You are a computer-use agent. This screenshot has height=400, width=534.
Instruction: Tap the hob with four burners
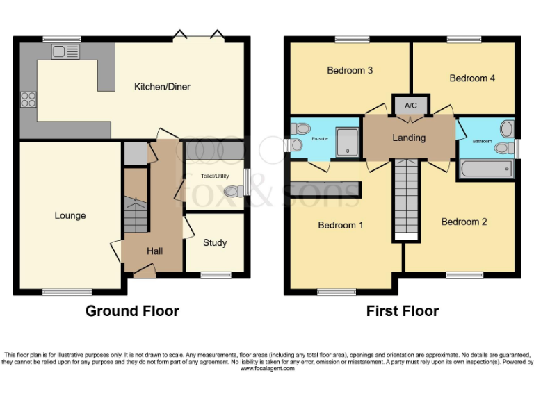[x=29, y=99]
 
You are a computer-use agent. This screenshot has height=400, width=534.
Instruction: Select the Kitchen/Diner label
[x=162, y=87]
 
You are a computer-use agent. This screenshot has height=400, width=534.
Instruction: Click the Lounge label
[x=70, y=216]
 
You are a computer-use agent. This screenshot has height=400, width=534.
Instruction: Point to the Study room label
[x=215, y=243]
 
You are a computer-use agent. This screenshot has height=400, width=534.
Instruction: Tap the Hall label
[x=154, y=251]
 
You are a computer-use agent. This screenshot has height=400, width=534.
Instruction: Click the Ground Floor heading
[x=132, y=311]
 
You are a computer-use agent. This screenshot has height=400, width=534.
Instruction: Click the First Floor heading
[x=403, y=311]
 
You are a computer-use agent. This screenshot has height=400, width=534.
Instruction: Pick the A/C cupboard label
[x=410, y=106]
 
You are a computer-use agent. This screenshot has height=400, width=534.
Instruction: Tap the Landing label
[x=409, y=137]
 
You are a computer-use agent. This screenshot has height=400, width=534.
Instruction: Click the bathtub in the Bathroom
[x=485, y=169]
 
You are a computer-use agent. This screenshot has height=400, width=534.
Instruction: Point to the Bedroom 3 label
[x=350, y=70]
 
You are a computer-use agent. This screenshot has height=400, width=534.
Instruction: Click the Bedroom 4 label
[x=472, y=78]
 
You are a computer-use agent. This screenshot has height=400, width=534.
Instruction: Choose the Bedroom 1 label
[x=341, y=225]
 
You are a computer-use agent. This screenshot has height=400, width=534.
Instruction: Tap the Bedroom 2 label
[x=464, y=222]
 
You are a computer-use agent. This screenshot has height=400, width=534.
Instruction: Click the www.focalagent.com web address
[x=267, y=369]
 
